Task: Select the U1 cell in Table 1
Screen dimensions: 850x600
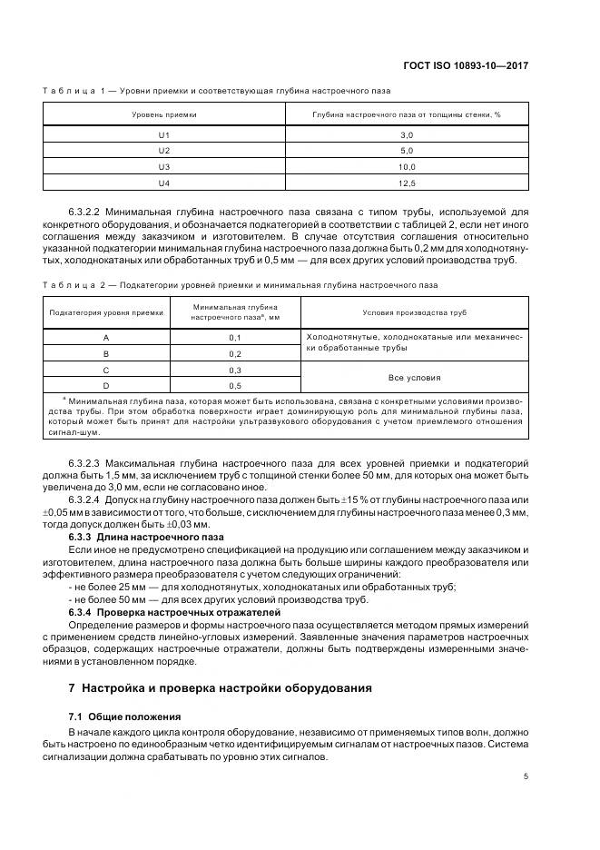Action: (164, 134)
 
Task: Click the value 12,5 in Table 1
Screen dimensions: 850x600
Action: (407, 183)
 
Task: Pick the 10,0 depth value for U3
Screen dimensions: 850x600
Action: (407, 167)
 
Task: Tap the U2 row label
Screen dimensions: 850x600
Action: (164, 151)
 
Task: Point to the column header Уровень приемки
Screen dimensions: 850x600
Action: (164, 115)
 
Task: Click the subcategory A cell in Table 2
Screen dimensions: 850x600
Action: (106, 337)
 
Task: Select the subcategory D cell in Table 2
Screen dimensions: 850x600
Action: (106, 385)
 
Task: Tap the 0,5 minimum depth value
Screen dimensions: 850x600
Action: (234, 385)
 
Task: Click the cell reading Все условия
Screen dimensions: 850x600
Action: (414, 377)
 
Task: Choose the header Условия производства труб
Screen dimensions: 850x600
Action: (414, 312)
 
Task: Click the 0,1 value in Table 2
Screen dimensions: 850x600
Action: (234, 337)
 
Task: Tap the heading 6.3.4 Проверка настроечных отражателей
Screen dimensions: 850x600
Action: (156, 611)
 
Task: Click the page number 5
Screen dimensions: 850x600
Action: (526, 776)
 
